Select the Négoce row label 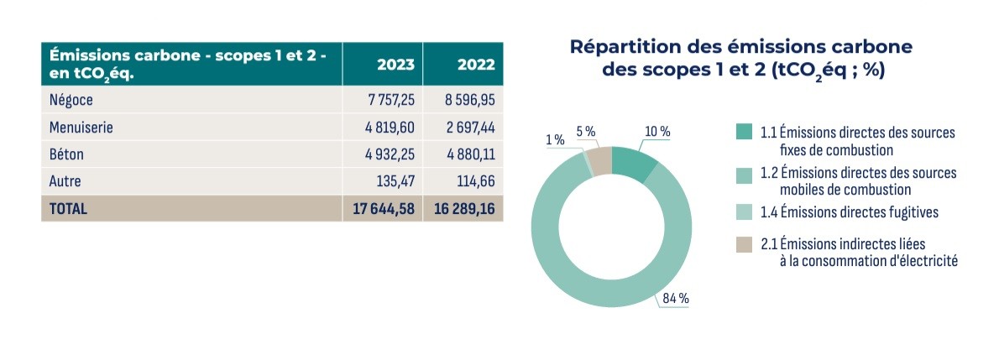(x=72, y=100)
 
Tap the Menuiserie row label (x=81, y=128)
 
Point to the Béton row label (x=67, y=154)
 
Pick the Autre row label (x=65, y=181)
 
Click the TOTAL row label (x=69, y=209)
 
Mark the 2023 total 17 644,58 (x=384, y=209)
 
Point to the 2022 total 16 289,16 (x=464, y=209)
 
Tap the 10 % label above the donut (x=657, y=132)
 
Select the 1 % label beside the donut (x=555, y=140)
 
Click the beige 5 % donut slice (x=599, y=158)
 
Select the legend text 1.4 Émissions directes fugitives (x=849, y=212)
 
